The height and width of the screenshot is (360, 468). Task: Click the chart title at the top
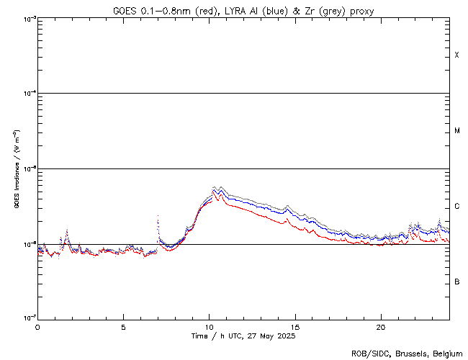click(243, 10)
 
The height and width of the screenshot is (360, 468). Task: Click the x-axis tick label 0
click(37, 326)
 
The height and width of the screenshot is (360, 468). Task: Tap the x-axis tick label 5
click(123, 326)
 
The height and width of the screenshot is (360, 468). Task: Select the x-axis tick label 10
click(209, 326)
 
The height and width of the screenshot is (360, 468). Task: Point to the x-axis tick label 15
click(294, 326)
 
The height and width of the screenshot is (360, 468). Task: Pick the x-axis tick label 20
click(380, 326)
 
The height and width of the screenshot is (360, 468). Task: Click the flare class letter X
click(457, 55)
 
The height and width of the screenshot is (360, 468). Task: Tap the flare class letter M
click(457, 131)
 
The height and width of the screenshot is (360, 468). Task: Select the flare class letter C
click(457, 207)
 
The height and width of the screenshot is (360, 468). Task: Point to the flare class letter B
click(457, 282)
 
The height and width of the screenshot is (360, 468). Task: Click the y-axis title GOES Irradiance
click(16, 169)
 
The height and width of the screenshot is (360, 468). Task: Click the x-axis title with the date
click(243, 336)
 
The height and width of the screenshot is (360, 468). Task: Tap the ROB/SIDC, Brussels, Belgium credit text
click(407, 353)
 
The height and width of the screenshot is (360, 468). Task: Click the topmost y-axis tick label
click(29, 19)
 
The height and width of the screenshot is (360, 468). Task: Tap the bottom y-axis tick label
click(29, 318)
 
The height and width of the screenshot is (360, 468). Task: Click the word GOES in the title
click(124, 10)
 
